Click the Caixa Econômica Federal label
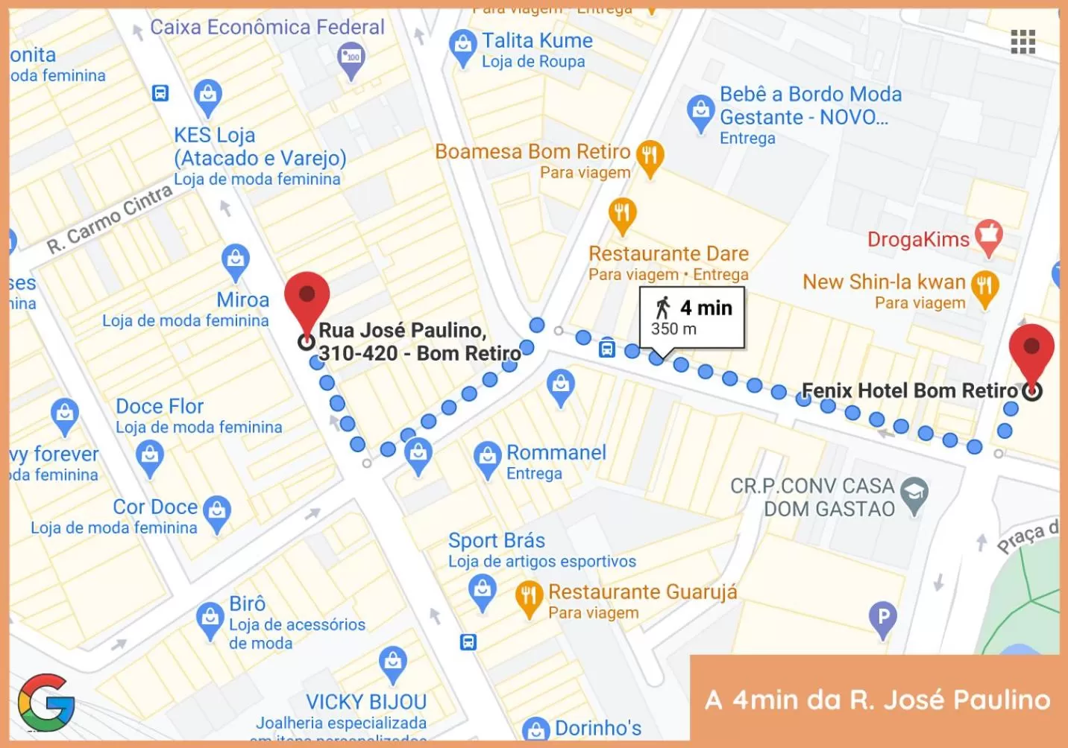267,28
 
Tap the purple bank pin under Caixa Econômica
351,57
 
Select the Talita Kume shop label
537,40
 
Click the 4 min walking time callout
692,318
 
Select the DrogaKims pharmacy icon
988,236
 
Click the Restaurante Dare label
668,253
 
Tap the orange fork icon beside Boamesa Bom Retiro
650,156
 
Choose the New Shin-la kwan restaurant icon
984,286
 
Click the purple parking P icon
883,617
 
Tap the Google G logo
46,702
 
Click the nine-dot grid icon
1023,42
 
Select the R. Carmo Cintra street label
109,220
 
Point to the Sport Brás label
497,540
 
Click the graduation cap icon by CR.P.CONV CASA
914,492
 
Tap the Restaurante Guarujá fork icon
529,596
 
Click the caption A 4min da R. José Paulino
877,700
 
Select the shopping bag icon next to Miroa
236,260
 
